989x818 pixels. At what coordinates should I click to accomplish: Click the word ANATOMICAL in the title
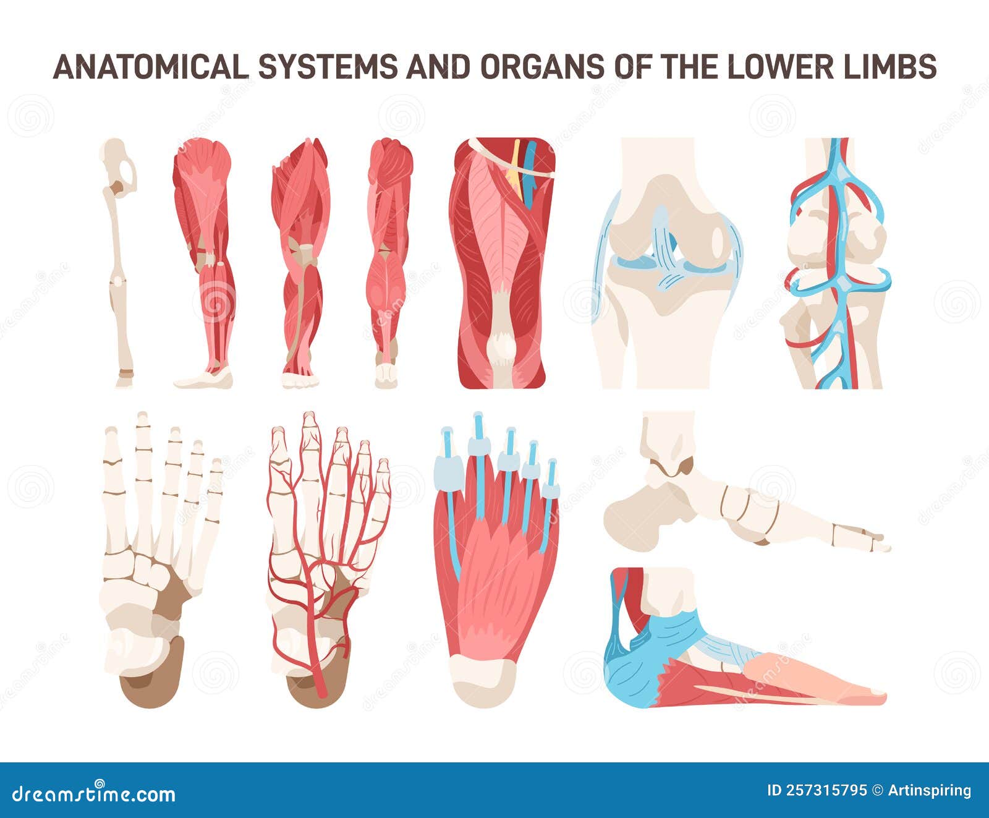pos(150,67)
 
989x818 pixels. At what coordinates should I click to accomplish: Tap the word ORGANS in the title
pos(540,67)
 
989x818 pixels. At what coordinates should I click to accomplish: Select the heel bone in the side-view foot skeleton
pos(637,513)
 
